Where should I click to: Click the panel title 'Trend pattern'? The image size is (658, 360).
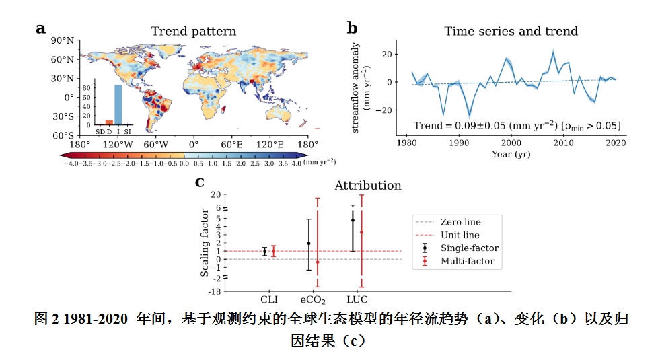tap(193, 32)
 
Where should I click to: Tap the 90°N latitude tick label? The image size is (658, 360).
tap(63, 41)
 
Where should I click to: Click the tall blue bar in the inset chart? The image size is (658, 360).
tap(118, 104)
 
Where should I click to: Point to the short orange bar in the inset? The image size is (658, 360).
tap(108, 122)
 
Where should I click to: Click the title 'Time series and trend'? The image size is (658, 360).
tap(511, 32)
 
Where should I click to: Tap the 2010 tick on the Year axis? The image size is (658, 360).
tap(564, 143)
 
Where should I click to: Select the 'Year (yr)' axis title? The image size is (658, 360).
tap(511, 153)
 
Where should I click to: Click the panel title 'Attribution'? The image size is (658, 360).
tap(367, 185)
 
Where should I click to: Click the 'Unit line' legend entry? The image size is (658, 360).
tap(460, 235)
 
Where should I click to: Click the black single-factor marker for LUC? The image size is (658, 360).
tap(353, 220)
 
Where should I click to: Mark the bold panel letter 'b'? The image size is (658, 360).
tap(352, 28)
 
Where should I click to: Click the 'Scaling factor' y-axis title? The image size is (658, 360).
tap(205, 243)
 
